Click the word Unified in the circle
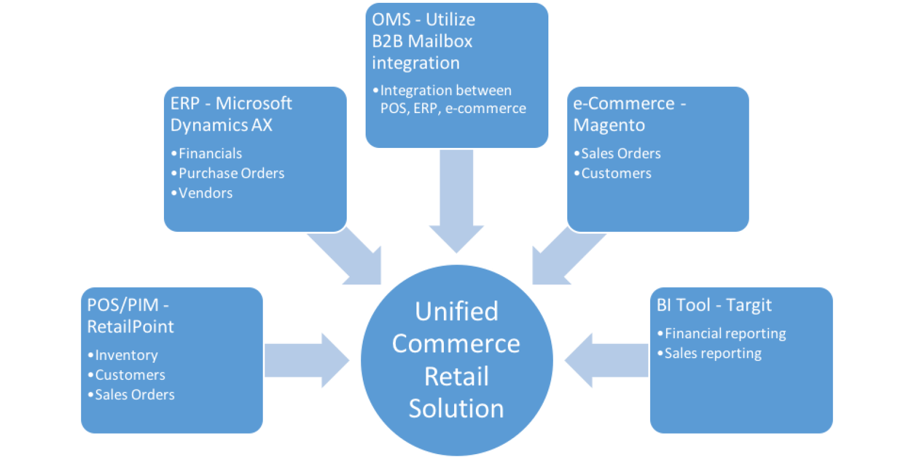point(456,312)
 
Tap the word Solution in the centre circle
point(456,409)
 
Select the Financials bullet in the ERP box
point(210,154)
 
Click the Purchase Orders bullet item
point(231,174)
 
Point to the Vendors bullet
point(205,194)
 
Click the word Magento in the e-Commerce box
point(609,125)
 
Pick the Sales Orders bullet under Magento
point(620,154)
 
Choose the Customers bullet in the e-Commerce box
point(616,174)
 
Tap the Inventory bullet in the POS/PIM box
point(126,355)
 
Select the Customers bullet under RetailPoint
point(130,375)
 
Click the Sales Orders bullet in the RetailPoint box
point(134,395)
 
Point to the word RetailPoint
point(130,327)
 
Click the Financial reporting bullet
point(725,334)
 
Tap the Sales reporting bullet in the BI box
point(712,354)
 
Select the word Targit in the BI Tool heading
point(748,305)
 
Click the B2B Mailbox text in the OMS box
point(422,41)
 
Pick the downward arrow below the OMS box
point(456,206)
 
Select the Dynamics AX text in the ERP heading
point(221,125)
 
